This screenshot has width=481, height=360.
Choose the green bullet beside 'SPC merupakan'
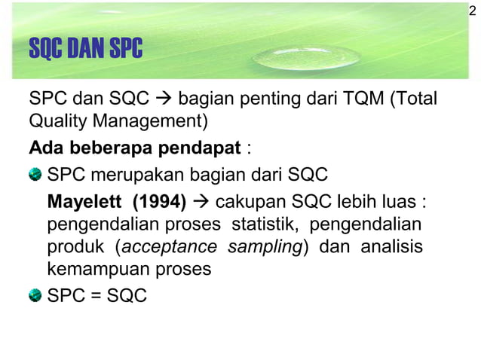point(35,176)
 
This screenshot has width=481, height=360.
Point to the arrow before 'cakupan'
point(202,203)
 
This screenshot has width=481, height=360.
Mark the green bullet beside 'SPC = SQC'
point(35,296)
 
